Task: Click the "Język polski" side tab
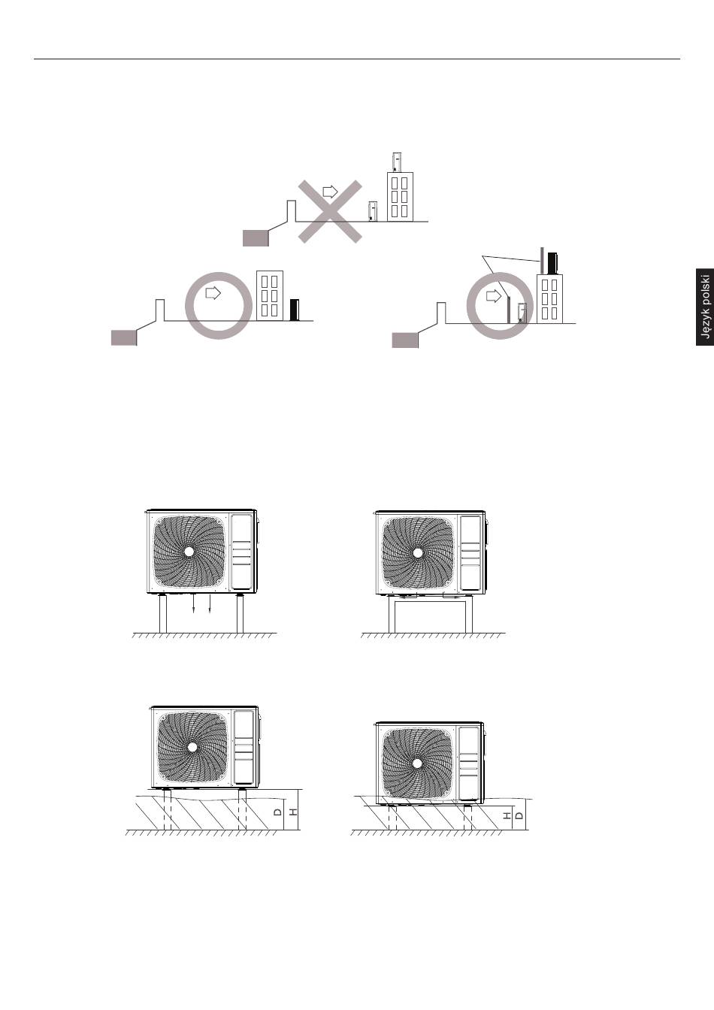705,307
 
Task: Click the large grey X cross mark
330,212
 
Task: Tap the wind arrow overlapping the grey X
331,192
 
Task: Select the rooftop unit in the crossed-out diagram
397,162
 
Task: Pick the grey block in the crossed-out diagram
256,238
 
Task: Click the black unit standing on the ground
295,310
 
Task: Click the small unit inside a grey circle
522,313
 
